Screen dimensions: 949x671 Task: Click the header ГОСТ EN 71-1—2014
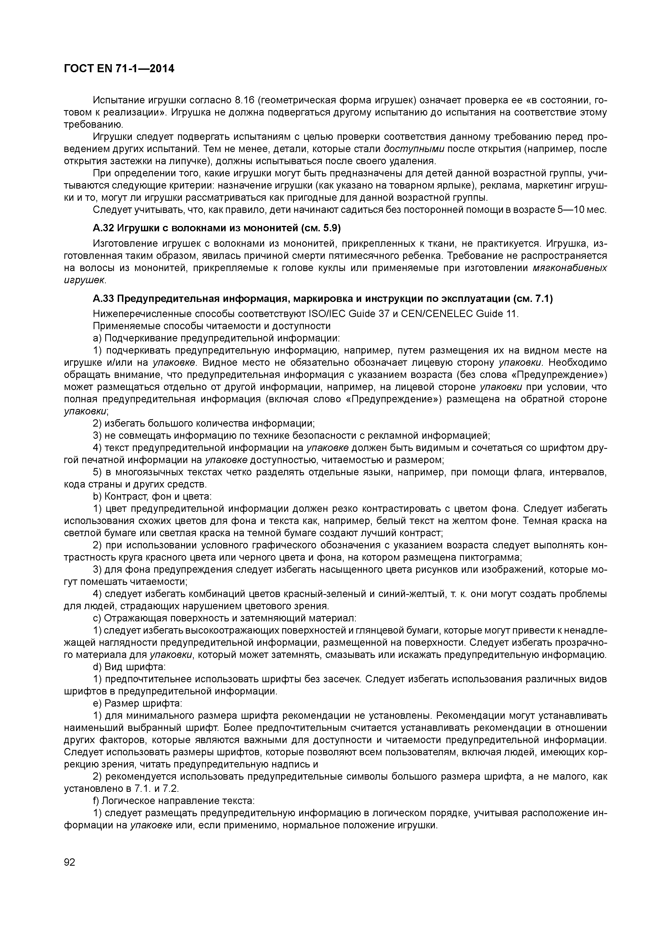(x=119, y=69)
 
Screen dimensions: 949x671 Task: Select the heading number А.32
(x=103, y=228)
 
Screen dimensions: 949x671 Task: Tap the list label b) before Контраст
(x=98, y=496)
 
